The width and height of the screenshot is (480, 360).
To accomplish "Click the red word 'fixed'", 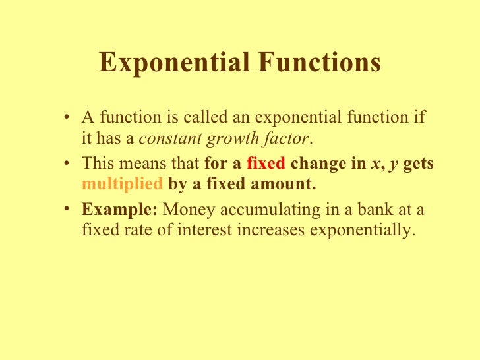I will (265, 165).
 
